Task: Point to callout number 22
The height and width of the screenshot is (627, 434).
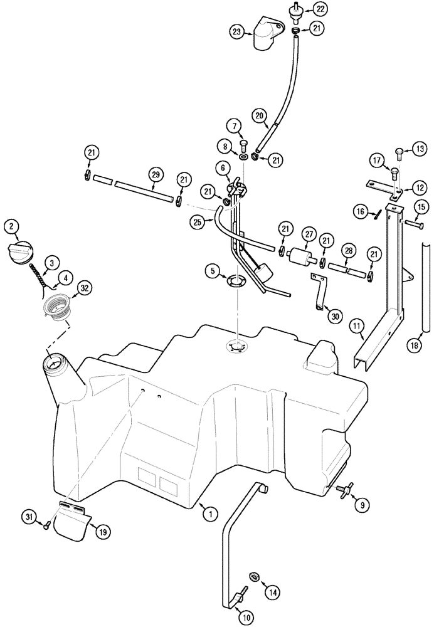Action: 320,9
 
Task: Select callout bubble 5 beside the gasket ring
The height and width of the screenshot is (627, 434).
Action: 213,271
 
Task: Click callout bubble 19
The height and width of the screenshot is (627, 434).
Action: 100,530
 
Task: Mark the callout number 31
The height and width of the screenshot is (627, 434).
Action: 27,516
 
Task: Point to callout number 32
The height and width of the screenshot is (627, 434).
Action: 83,288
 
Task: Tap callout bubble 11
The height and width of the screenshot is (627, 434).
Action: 356,326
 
